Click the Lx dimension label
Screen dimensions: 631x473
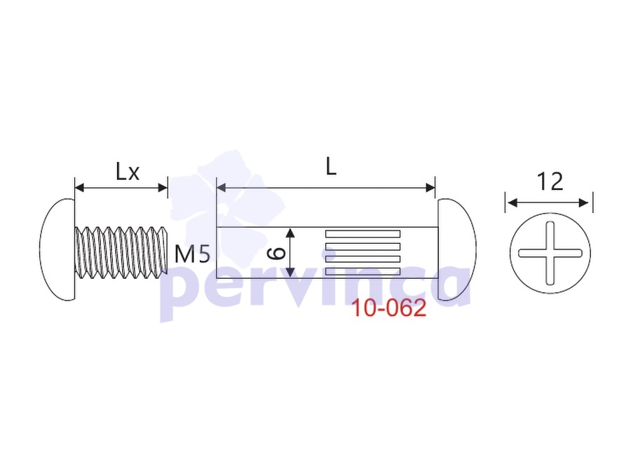pyautogui.click(x=128, y=172)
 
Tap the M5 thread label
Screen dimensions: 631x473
pyautogui.click(x=192, y=254)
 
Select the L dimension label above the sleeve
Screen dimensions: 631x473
pyautogui.click(x=331, y=166)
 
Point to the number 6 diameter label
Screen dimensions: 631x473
pyautogui.click(x=277, y=253)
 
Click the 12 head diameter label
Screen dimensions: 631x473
pyautogui.click(x=550, y=181)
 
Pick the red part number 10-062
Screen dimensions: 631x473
pyautogui.click(x=388, y=308)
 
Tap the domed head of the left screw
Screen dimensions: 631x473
pyautogui.click(x=57, y=249)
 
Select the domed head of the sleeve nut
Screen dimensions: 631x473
pyautogui.click(x=456, y=249)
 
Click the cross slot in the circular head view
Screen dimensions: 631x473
pyautogui.click(x=550, y=253)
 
